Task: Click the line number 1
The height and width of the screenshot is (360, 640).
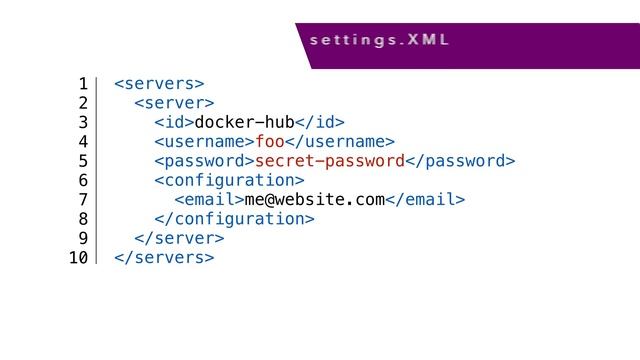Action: pyautogui.click(x=83, y=82)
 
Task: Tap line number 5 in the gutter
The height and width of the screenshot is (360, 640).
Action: pyautogui.click(x=83, y=161)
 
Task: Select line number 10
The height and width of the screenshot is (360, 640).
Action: pyautogui.click(x=78, y=259)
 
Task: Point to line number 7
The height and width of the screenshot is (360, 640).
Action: pyautogui.click(x=83, y=200)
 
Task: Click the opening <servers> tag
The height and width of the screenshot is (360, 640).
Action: pyautogui.click(x=160, y=82)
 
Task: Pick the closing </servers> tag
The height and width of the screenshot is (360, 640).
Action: pyautogui.click(x=165, y=259)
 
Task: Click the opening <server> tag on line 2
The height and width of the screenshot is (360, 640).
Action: pyautogui.click(x=174, y=102)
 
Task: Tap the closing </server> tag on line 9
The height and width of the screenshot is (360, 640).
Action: pyautogui.click(x=179, y=239)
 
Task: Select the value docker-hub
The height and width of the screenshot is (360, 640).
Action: pyautogui.click(x=244, y=122)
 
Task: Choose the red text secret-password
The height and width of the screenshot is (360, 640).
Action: pyautogui.click(x=330, y=161)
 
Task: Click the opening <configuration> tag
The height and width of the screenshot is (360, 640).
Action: pyautogui.click(x=229, y=180)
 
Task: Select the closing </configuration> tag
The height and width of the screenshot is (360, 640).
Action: pyautogui.click(x=234, y=219)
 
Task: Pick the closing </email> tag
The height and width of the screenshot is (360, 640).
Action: pyautogui.click(x=425, y=200)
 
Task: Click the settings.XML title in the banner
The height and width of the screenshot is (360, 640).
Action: pyautogui.click(x=379, y=42)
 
